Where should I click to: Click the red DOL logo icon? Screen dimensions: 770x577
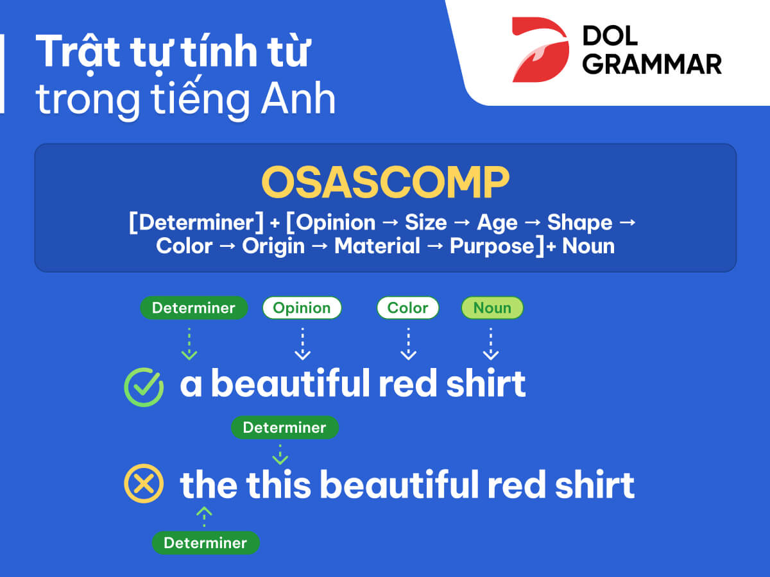click(540, 50)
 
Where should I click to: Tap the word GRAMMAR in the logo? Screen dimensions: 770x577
click(652, 65)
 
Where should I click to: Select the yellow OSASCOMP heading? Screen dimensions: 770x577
click(385, 182)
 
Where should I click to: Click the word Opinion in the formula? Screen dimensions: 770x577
click(336, 223)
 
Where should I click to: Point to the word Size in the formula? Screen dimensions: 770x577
click(426, 222)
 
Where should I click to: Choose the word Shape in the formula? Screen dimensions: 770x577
click(579, 223)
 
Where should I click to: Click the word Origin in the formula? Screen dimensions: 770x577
click(273, 247)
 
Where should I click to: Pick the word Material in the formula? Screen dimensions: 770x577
click(377, 246)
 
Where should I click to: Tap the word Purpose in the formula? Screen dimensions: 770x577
click(492, 247)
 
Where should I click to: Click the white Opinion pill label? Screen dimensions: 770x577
click(302, 308)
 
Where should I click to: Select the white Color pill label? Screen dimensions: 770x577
click(407, 308)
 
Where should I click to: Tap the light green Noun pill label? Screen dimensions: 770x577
click(492, 308)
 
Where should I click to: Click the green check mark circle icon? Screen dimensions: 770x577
click(144, 387)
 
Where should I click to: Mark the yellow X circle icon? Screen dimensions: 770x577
click(144, 484)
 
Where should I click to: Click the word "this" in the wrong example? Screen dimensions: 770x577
click(278, 485)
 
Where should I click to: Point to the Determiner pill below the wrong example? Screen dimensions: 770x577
click(205, 543)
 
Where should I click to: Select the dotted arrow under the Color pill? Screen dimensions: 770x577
click(408, 344)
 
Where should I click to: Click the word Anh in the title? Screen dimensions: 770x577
click(298, 99)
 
